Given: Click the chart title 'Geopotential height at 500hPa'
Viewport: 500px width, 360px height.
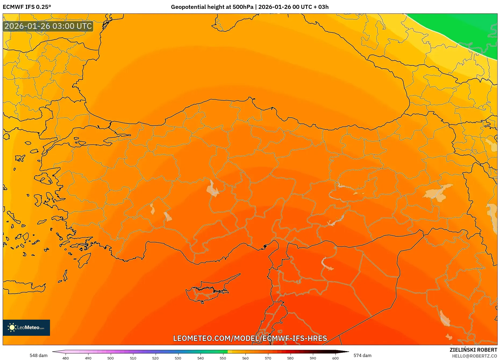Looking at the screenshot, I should coord(212,7).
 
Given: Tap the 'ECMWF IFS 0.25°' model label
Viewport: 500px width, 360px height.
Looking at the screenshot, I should coord(27,7).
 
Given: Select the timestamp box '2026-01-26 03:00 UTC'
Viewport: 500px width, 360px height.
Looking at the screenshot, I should coord(48,26).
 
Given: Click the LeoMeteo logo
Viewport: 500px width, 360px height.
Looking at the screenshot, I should coord(26,327).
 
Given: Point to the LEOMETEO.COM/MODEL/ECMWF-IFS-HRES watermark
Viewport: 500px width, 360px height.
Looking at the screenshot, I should coord(250,338).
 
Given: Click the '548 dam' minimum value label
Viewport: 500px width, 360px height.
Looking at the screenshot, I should coord(38,355).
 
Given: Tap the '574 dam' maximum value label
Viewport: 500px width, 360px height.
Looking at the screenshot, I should coord(362,355).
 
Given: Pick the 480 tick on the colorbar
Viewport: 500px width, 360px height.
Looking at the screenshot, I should coord(66,358).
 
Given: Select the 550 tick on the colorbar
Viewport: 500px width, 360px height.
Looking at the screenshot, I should coord(223,358).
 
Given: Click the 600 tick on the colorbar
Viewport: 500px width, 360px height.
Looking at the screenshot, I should coord(335,358).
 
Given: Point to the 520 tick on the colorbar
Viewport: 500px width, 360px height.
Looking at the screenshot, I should coord(155,358).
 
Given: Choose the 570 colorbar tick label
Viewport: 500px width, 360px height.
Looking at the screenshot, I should coord(268,358).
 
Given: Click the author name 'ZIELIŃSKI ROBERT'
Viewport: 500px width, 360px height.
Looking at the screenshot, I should coord(473,350).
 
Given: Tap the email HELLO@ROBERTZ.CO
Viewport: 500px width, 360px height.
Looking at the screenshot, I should coord(474,356).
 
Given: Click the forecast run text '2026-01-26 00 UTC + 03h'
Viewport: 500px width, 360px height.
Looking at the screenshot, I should coord(294,7).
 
